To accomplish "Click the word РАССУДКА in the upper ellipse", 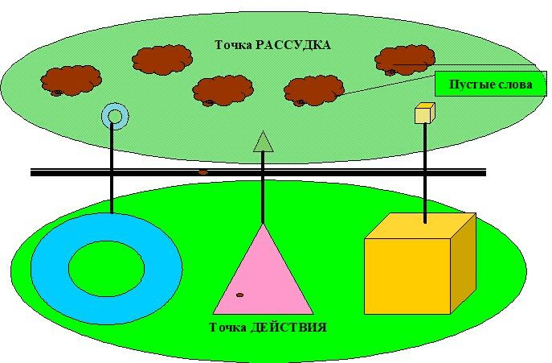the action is pos(292,45).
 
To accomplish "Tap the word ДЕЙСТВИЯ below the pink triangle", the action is pos(288,328).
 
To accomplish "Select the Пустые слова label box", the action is pos(491,84).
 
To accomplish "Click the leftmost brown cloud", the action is pos(72,80).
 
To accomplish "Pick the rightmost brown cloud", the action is pos(405,60).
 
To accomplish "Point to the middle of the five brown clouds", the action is pos(223,90).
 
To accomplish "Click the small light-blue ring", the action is pos(115,116).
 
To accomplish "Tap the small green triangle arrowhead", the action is pos(264,142).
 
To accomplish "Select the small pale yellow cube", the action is pos(424,113).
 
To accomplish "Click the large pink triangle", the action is pos(263,278).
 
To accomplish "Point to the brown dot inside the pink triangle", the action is pos(239,295).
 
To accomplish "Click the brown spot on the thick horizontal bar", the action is pos(202,172).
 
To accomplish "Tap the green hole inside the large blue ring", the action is pos(106,269).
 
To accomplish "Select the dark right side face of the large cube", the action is pos(464,263).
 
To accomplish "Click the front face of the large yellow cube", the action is pos(407,276).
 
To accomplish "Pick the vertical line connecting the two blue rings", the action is pos(112,167).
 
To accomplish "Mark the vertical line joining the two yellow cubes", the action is pos(425,173).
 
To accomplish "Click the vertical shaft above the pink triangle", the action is pos(263,188).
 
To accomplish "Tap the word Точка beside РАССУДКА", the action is pos(233,45).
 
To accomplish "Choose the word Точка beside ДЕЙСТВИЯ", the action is pos(227,328).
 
